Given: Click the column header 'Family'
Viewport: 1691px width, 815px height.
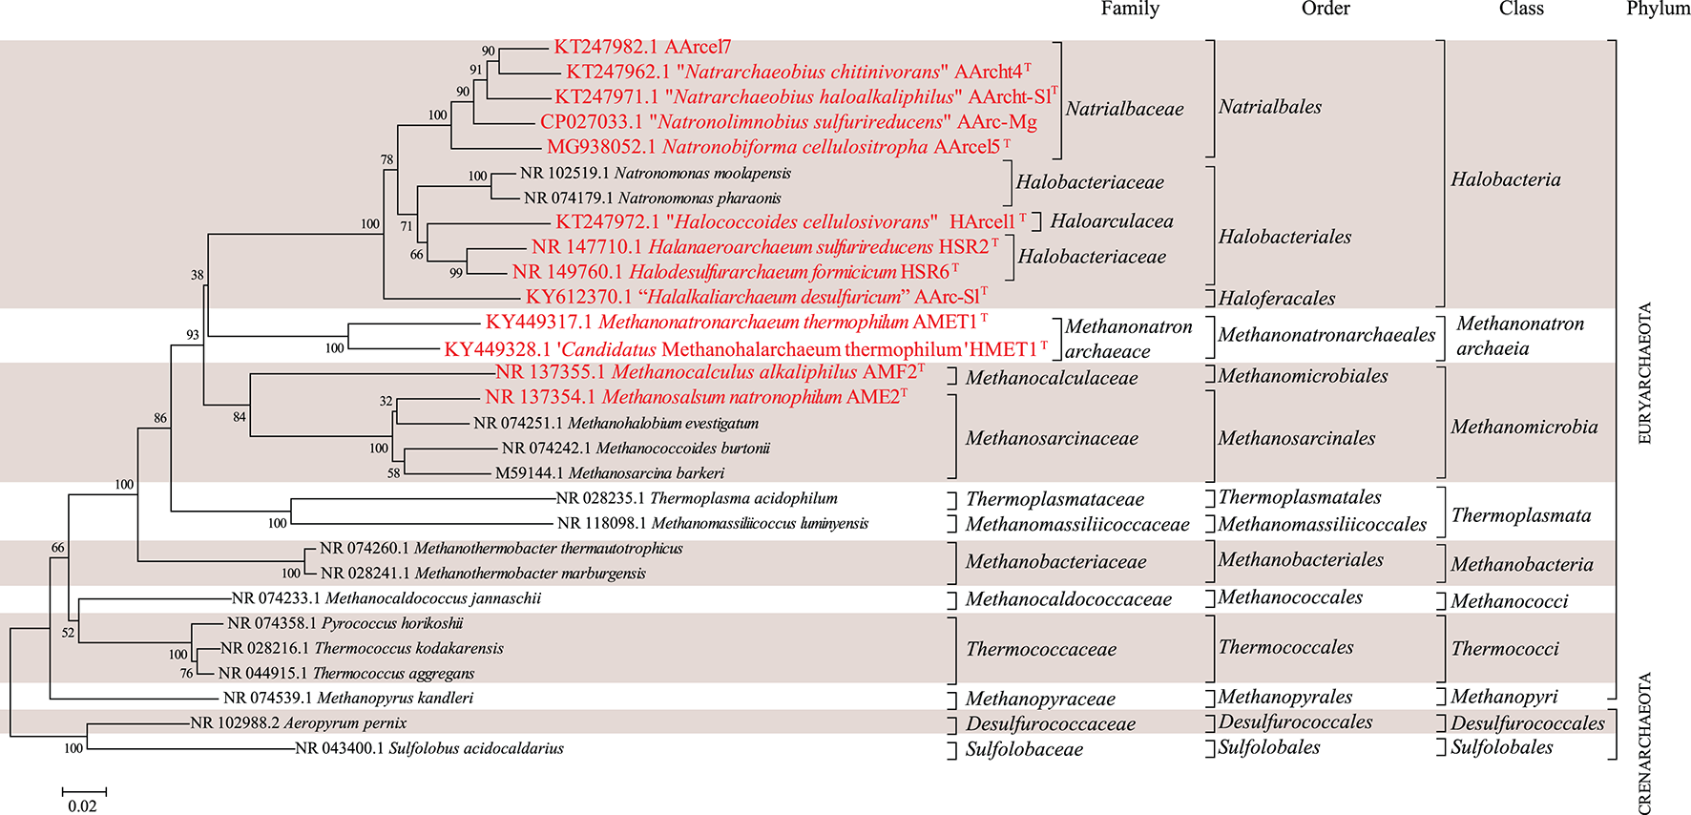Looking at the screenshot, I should click(x=1130, y=9).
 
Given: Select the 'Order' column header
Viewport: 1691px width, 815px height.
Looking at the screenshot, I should click(x=1326, y=9).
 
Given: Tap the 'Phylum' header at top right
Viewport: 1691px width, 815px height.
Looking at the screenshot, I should click(x=1658, y=9).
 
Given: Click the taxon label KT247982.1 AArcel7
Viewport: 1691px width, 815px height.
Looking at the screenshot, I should click(x=642, y=47).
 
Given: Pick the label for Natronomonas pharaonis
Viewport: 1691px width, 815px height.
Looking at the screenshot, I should click(x=652, y=199).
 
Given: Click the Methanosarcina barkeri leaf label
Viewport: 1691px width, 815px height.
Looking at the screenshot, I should click(x=609, y=473).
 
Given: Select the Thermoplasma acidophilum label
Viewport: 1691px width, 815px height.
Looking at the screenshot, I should click(x=697, y=498).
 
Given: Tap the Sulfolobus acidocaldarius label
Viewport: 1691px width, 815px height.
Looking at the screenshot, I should click(x=429, y=748).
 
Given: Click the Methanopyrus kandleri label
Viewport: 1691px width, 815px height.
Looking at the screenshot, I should click(x=348, y=698).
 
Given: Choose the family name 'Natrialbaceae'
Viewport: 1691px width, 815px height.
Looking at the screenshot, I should click(x=1124, y=109).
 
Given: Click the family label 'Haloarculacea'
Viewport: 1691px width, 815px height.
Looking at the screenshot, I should click(x=1112, y=221).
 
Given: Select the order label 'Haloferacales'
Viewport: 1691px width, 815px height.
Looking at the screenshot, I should click(x=1277, y=299).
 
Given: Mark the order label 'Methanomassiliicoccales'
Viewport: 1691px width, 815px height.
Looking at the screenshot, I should click(x=1322, y=524).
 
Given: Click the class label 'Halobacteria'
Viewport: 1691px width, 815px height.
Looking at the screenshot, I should click(x=1506, y=179).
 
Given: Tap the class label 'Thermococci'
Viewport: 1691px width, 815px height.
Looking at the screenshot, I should click(x=1505, y=649).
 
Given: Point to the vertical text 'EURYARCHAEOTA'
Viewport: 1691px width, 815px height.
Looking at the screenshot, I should click(x=1644, y=373).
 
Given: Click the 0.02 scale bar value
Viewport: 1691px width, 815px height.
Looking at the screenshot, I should click(x=82, y=806).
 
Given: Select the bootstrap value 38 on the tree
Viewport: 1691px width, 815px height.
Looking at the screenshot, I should click(x=197, y=275).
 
